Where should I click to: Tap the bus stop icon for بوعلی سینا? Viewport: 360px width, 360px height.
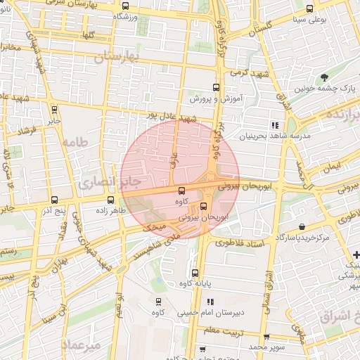(x=310, y=9)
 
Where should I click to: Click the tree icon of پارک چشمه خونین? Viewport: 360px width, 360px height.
(x=323, y=77)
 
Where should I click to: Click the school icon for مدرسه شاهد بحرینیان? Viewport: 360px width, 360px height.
(x=274, y=125)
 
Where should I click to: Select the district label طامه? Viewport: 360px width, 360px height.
(x=77, y=143)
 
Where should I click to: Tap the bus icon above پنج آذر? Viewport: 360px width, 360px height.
(x=55, y=200)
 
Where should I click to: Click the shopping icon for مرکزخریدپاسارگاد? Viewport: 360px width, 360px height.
(x=302, y=227)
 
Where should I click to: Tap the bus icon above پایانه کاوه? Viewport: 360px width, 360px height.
(x=195, y=273)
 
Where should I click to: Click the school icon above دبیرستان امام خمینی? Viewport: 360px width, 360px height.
(x=210, y=301)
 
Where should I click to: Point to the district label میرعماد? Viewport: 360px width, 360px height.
(x=82, y=345)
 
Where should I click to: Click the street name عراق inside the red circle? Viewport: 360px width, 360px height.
(x=172, y=160)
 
